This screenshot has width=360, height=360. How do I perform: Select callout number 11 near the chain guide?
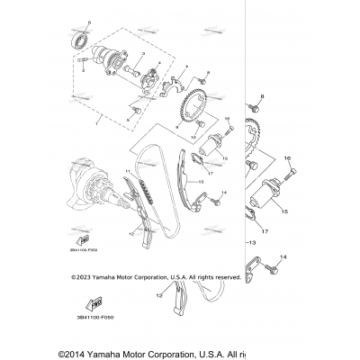[128, 169]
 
